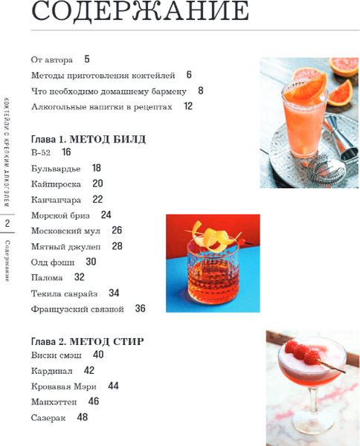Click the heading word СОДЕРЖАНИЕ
[x=140, y=11]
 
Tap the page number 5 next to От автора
[x=87, y=59]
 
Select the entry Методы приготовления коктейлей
[x=103, y=75]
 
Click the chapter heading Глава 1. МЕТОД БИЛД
[x=89, y=140]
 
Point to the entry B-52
[x=41, y=152]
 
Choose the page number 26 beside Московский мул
[x=117, y=230]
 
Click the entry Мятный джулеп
[x=65, y=246]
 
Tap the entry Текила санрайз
[x=64, y=294]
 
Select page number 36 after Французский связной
[x=141, y=308]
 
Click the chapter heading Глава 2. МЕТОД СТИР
[x=88, y=341]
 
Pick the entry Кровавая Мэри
[x=64, y=387]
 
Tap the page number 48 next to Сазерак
[x=83, y=417]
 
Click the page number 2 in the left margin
[x=7, y=223]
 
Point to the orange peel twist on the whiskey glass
[x=212, y=236]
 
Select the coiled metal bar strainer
[x=327, y=171]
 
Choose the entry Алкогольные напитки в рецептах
[x=102, y=106]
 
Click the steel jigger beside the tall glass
[x=341, y=137]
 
